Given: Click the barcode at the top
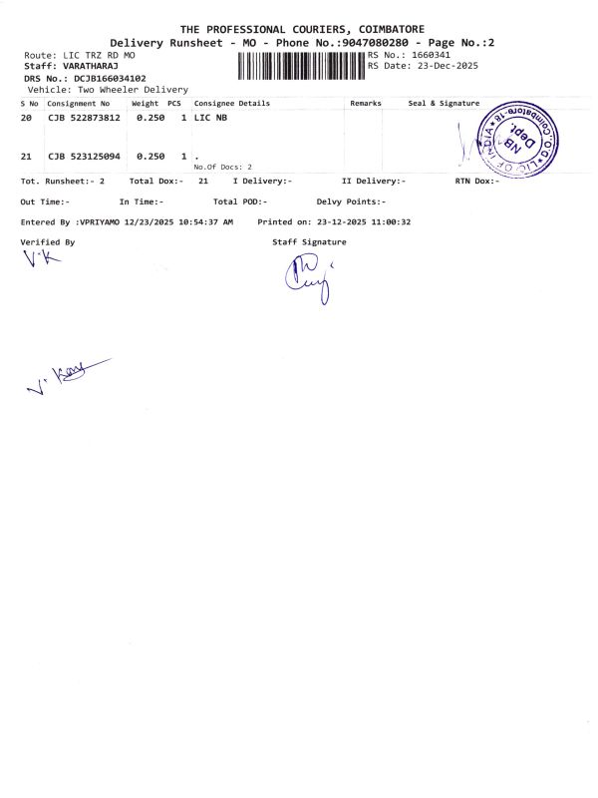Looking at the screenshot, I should pyautogui.click(x=302, y=67).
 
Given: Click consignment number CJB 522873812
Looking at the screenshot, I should pyautogui.click(x=84, y=118).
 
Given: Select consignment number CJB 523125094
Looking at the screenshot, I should pyautogui.click(x=84, y=157).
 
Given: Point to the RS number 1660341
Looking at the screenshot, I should pyautogui.click(x=431, y=55).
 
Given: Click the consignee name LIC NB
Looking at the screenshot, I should pyautogui.click(x=210, y=118).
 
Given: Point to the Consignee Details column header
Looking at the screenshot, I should pyautogui.click(x=232, y=103).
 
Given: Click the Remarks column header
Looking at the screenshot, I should pyautogui.click(x=366, y=103).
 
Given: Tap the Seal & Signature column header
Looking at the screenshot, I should pyautogui.click(x=444, y=103).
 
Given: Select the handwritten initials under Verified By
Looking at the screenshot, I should pyautogui.click(x=41, y=258).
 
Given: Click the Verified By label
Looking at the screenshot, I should pyautogui.click(x=47, y=242).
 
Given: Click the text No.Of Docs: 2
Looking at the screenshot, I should pyautogui.click(x=223, y=167).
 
